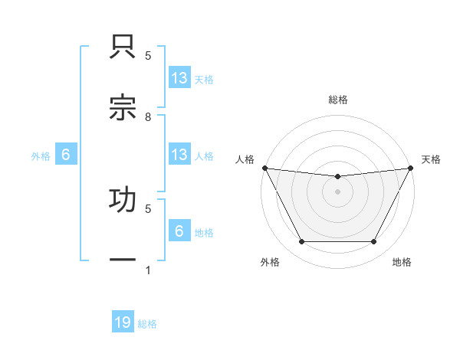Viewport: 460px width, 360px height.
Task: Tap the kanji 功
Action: coord(123,199)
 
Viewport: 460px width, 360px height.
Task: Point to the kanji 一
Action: coord(123,260)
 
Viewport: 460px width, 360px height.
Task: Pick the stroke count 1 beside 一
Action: coord(148,270)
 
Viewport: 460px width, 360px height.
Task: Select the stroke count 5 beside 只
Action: coord(148,56)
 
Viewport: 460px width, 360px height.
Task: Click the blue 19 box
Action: coord(123,323)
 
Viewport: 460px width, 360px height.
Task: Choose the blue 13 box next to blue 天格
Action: coord(179,78)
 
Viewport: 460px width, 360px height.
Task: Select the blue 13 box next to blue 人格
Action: coord(179,155)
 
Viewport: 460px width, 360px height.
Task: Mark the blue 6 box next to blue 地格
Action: coord(179,231)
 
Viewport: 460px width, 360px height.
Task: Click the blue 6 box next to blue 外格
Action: coord(66,155)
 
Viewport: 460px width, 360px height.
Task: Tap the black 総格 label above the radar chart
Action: coord(337,100)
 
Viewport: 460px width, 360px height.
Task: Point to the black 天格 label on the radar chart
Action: coord(431,159)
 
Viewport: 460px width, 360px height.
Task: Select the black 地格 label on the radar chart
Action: coord(402,262)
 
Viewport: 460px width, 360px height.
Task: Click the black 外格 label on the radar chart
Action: coord(270,262)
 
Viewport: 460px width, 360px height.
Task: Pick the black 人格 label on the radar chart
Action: coord(245,159)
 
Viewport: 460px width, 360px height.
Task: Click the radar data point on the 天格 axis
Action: coord(412,168)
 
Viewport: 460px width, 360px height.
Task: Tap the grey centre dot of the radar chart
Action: coord(337,191)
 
